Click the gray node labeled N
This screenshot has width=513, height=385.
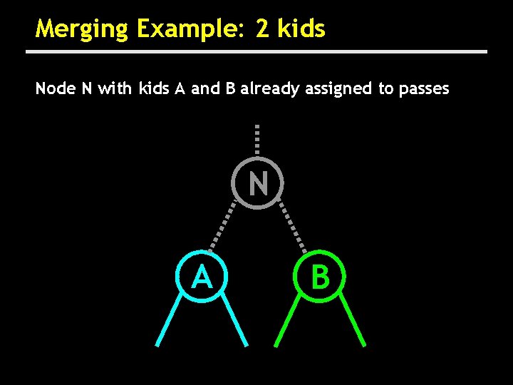[x=258, y=183]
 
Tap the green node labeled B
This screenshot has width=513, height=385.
[x=321, y=277]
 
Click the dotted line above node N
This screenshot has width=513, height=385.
[x=257, y=140]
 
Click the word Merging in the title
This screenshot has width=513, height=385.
[x=81, y=30]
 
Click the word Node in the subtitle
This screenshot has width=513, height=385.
[x=53, y=88]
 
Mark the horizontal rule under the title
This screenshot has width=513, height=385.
[x=256, y=52]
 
